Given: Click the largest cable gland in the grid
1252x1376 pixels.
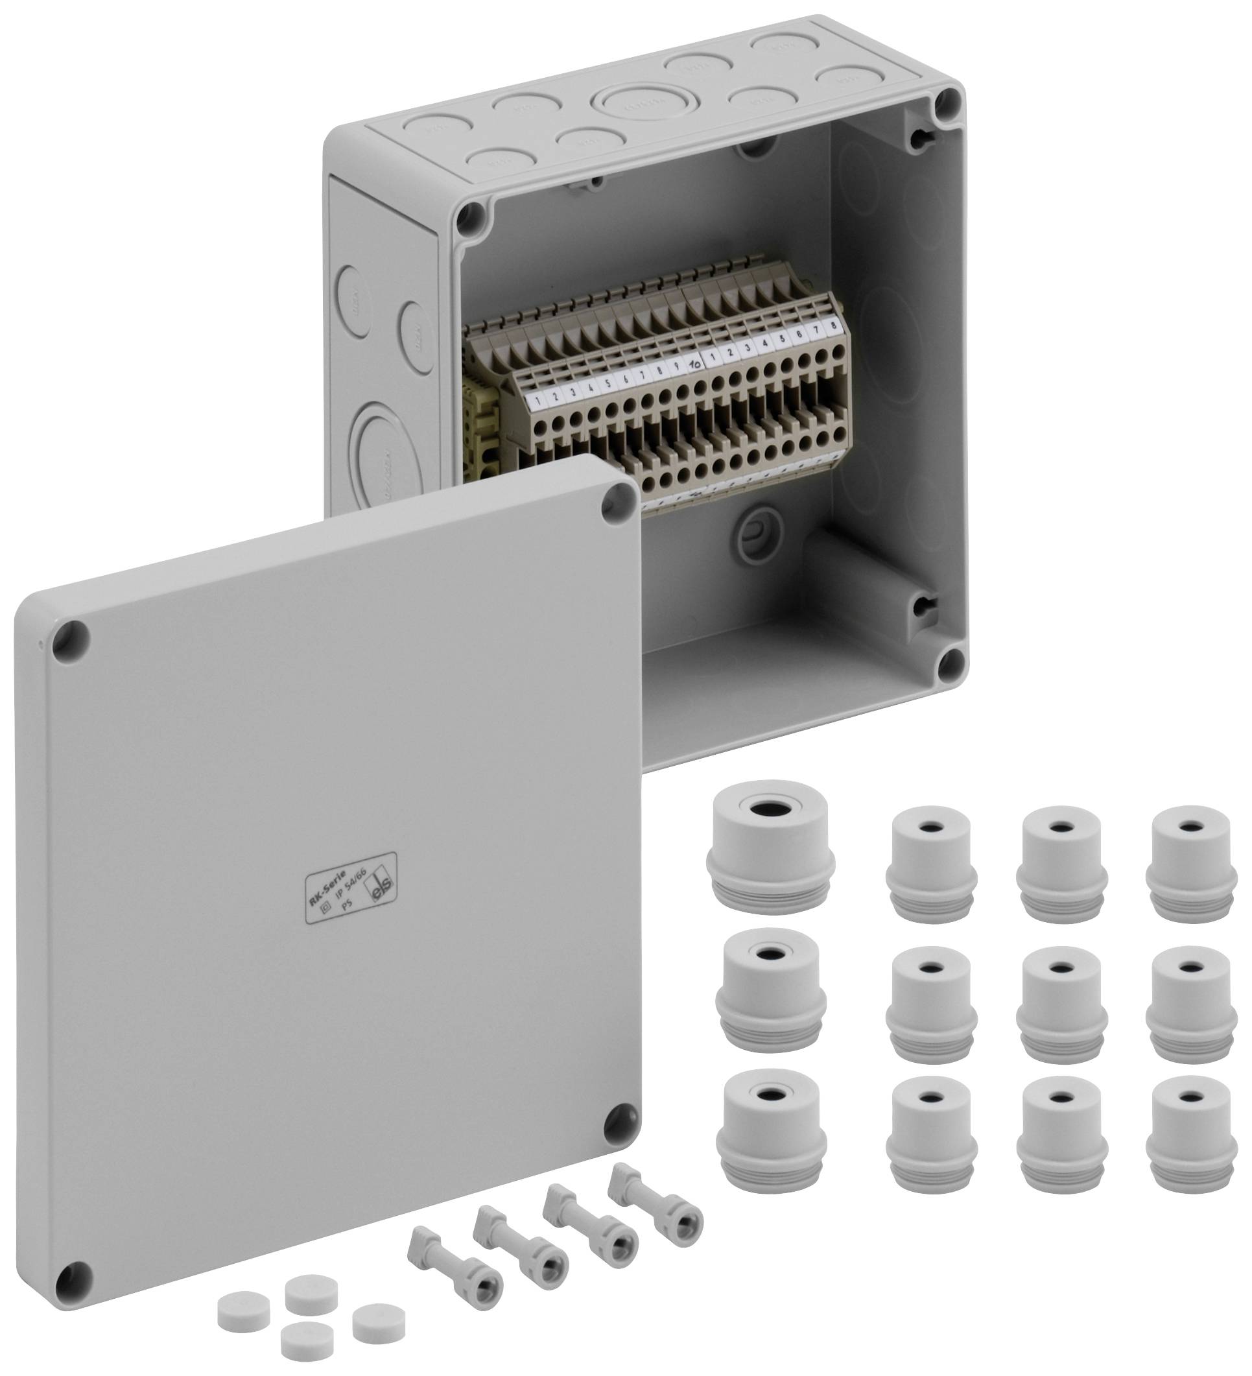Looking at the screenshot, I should click(x=769, y=848).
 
